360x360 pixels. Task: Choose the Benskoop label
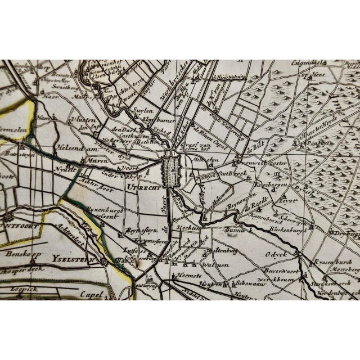(x=21, y=254)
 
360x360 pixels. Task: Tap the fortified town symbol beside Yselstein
(x=105, y=262)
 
